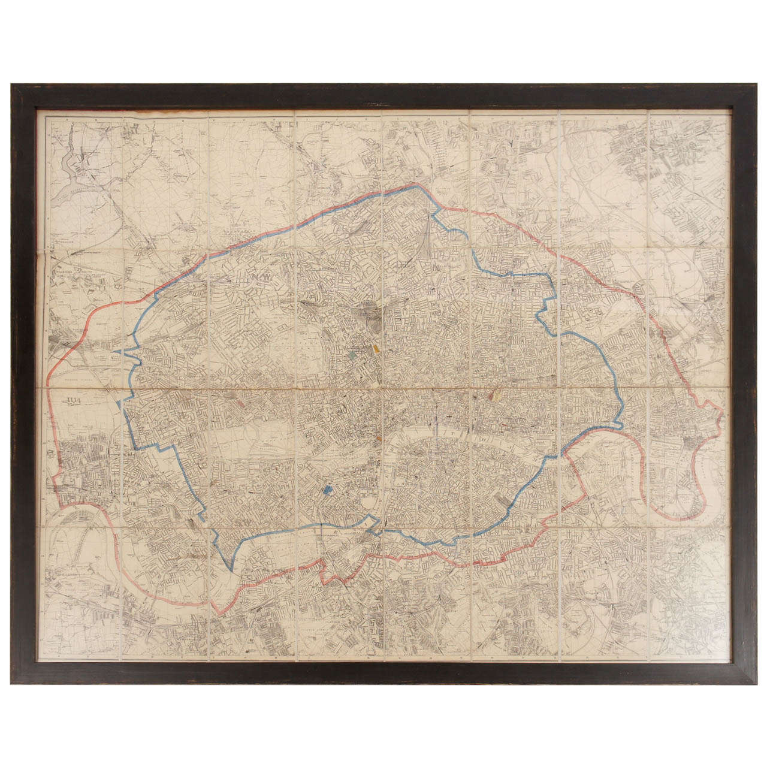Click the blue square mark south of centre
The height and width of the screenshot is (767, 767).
pos(327,490)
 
